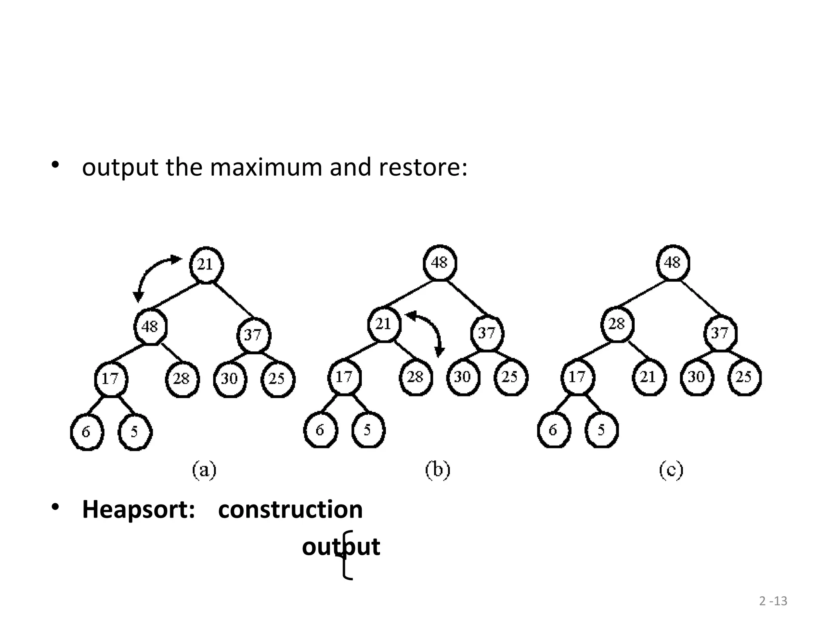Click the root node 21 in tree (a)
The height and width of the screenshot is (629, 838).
coord(206,265)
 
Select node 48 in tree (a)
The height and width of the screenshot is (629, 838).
coord(150,327)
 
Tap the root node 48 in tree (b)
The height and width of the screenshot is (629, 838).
coord(439,262)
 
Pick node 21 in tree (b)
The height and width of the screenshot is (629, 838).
coord(384,324)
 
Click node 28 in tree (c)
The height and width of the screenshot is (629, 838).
coord(617,324)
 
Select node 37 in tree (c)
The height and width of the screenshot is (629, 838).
coord(720,333)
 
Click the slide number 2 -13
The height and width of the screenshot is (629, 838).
coord(773,601)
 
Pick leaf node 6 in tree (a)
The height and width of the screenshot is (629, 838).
coord(86,432)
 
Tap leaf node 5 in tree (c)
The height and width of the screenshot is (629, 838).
coord(601,430)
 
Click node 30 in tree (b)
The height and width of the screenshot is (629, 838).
coord(463,377)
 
